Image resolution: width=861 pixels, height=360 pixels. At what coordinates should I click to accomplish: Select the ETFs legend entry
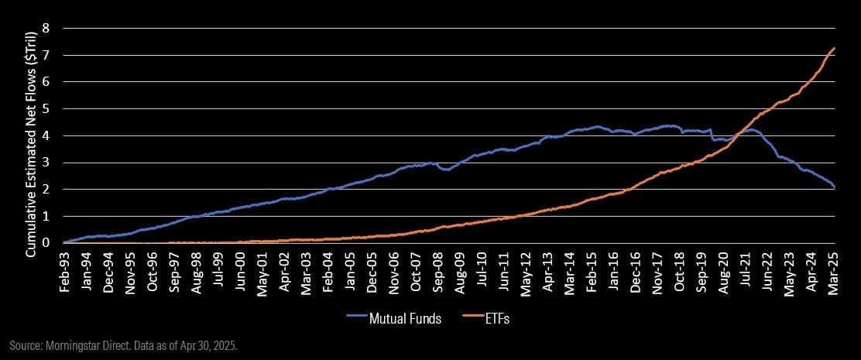tap(494, 317)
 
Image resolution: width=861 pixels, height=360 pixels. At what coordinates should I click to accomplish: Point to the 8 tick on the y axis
tap(45, 28)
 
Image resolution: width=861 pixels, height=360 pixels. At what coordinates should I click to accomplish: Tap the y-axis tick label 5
tap(45, 108)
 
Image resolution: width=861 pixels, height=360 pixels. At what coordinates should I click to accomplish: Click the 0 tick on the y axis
tap(45, 242)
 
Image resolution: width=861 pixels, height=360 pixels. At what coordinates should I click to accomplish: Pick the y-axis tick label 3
tap(45, 162)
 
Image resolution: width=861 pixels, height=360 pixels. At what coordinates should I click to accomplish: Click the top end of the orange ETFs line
tap(834, 48)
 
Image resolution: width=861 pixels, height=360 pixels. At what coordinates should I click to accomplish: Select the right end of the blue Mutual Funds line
tap(834, 187)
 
